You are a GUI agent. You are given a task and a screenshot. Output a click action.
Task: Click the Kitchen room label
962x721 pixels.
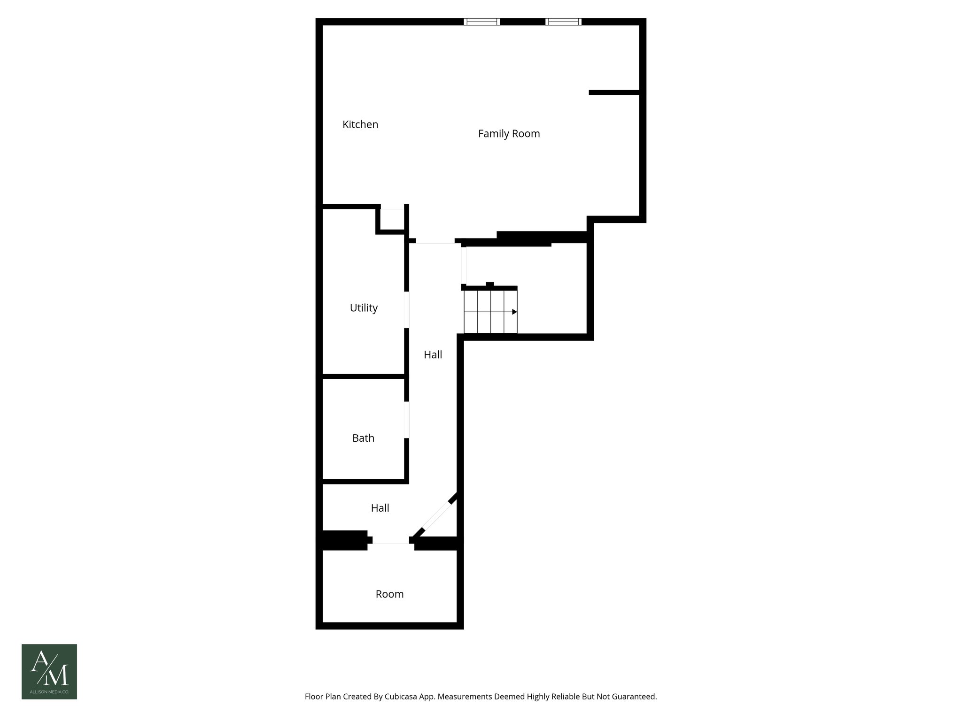click(360, 124)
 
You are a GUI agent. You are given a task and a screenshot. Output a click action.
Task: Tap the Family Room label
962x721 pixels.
click(509, 134)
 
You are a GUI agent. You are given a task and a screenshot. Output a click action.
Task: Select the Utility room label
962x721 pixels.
click(364, 308)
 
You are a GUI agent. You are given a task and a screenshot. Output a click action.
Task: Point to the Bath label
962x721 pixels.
click(363, 438)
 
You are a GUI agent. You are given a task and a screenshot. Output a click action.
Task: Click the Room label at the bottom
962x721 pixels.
click(389, 594)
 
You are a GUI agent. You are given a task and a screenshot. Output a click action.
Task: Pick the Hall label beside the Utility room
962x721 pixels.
click(433, 355)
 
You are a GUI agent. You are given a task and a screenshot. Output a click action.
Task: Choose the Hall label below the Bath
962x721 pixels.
click(380, 508)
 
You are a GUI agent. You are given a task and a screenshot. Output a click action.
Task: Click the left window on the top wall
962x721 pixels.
click(481, 22)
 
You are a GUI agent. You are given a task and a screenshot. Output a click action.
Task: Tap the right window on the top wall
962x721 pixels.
click(563, 22)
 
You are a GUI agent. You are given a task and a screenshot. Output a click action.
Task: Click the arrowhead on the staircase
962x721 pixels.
click(514, 312)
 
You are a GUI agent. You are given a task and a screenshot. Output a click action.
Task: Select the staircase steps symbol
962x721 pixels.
click(490, 312)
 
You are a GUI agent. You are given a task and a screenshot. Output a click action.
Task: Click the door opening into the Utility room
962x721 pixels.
click(407, 310)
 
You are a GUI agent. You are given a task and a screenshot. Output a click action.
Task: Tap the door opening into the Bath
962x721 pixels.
click(407, 420)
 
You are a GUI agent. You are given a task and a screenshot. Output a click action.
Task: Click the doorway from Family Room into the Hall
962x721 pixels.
click(435, 241)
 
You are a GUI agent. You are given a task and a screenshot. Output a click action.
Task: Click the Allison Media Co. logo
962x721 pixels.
click(49, 671)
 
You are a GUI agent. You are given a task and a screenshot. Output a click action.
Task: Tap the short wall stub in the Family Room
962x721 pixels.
click(614, 92)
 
